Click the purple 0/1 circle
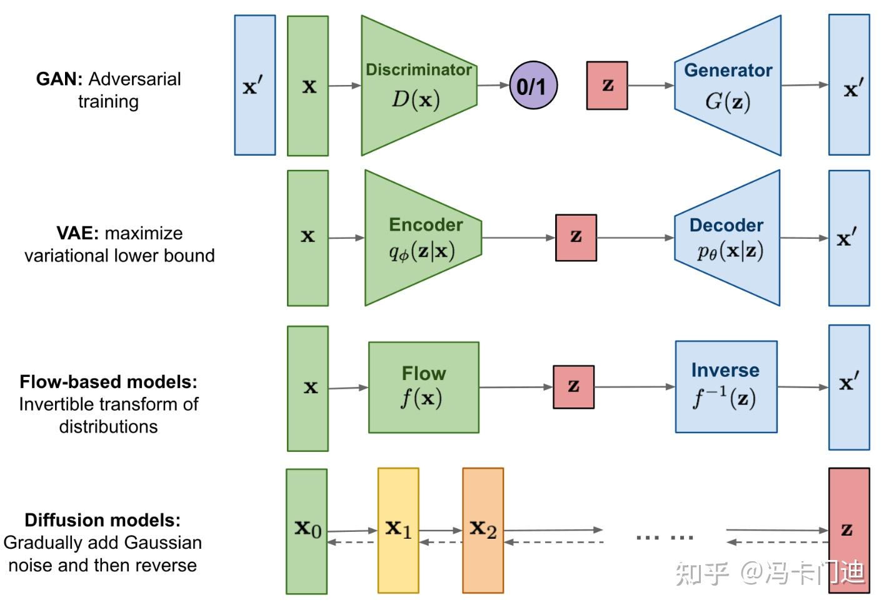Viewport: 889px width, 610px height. [x=533, y=86]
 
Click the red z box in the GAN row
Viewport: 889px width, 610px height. [x=606, y=86]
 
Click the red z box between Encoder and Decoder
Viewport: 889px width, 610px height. [x=576, y=237]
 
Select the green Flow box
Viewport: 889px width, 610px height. [x=423, y=387]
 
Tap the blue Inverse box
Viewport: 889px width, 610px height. [x=726, y=387]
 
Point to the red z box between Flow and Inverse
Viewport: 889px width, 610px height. [x=573, y=387]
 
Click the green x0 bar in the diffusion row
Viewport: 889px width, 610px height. [x=306, y=531]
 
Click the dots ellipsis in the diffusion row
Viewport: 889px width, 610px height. [x=665, y=537]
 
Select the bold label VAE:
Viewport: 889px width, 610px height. [x=78, y=233]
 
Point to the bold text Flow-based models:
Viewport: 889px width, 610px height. [x=108, y=382]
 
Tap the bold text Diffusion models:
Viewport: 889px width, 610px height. [x=103, y=520]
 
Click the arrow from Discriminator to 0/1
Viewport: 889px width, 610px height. [x=493, y=85]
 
